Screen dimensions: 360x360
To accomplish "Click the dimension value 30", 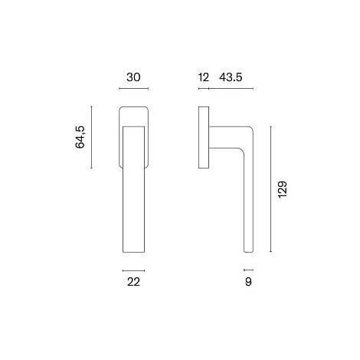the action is click(133, 77).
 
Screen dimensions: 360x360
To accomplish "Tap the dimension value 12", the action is click(204, 77).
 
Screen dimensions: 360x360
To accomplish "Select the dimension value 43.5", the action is click(231, 77).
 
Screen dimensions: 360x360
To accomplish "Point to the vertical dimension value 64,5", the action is click(80, 137).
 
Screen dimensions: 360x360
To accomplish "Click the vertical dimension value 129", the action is click(283, 190).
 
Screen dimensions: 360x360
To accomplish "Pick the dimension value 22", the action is click(133, 282).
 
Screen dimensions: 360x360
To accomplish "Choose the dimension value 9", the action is click(248, 282).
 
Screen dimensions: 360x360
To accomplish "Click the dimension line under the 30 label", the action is click(134, 89).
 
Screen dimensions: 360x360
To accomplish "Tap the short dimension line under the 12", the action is click(204, 89).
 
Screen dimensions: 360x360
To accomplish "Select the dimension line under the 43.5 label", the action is click(231, 89).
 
